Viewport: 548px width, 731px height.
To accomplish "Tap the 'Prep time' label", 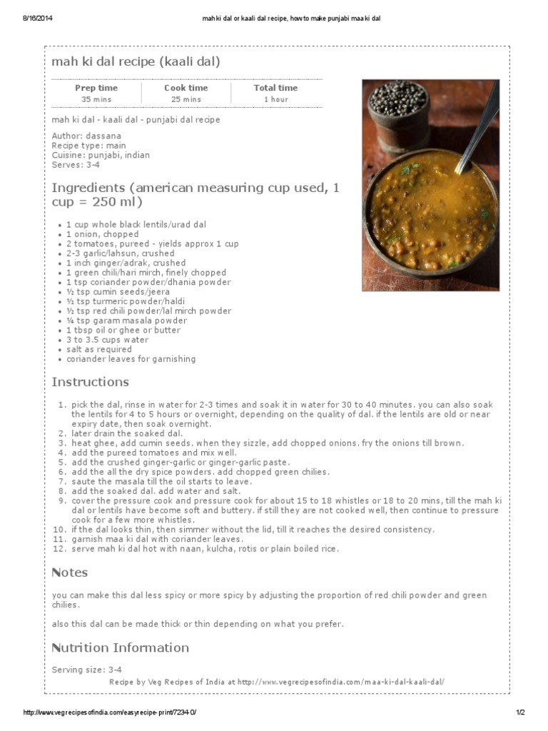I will point(96,88).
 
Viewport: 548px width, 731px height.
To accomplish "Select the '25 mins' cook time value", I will point(186,99).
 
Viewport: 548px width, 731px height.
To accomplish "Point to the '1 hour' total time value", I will point(275,99).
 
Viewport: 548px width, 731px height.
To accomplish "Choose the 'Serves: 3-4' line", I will point(76,165).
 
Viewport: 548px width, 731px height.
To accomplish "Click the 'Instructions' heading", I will point(90,382).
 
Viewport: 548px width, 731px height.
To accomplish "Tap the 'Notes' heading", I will point(70,573).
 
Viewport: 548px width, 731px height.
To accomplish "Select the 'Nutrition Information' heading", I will point(120,647).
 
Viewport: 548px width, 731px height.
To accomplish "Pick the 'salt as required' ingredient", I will point(99,350).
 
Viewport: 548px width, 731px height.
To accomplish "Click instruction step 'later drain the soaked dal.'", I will point(127,433).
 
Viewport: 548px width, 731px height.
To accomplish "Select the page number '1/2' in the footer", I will point(520,713).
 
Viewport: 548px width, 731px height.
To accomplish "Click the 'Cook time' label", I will point(186,88).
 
